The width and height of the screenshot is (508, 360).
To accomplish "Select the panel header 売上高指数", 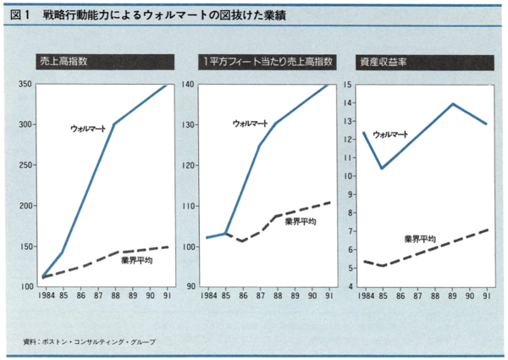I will tap(63, 62).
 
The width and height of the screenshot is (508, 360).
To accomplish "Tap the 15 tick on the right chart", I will tap(347, 84).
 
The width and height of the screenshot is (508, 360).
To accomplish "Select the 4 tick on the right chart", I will tap(348, 286).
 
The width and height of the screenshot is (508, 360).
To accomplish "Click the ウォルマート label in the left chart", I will tap(88, 128).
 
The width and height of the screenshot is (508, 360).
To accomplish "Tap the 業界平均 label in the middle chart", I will tap(300, 221).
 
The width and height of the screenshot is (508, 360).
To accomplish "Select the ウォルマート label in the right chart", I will tap(390, 134).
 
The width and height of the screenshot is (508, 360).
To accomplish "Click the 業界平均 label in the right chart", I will tap(421, 238).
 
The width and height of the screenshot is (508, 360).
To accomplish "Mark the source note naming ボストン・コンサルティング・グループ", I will tap(95, 341).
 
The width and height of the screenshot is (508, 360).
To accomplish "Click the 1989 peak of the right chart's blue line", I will tap(452, 103).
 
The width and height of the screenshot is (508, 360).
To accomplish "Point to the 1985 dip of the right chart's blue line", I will tap(382, 168).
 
